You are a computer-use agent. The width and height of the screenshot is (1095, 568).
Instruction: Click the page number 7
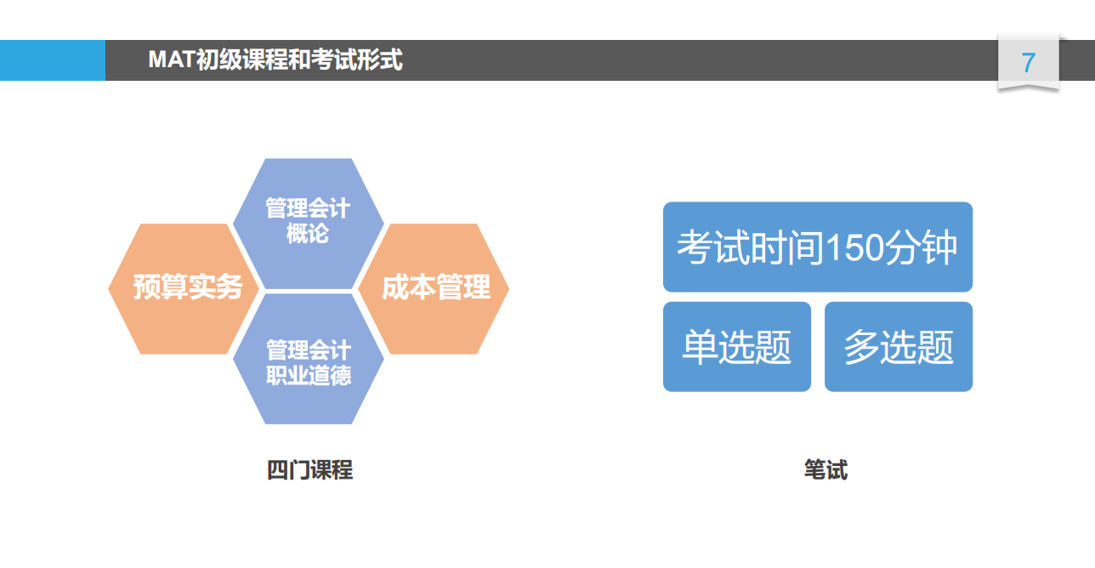coord(1028,63)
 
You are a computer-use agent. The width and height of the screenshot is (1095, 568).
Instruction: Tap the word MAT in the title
coord(172,60)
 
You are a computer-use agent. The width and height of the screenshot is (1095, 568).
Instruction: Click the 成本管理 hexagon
coord(434,289)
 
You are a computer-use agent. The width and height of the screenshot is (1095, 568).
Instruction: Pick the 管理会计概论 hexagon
coord(309,224)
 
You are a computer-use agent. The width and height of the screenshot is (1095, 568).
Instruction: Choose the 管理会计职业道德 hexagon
coord(309,359)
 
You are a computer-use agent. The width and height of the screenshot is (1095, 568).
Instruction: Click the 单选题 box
coord(737,347)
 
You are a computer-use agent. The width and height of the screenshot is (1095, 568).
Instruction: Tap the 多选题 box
coord(899,347)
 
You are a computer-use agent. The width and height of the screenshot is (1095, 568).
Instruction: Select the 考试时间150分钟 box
coord(818,247)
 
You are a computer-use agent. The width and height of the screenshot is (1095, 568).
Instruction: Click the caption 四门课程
coord(310,469)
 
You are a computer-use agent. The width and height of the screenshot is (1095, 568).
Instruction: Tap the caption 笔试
coord(826,469)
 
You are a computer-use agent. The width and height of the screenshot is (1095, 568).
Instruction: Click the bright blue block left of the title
coord(53,60)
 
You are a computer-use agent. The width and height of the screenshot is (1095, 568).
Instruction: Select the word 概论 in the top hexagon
coord(308,233)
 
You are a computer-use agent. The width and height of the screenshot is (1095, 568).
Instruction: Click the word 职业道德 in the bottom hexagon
coord(309,376)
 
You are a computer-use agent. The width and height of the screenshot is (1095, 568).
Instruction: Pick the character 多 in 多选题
coord(862,347)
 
